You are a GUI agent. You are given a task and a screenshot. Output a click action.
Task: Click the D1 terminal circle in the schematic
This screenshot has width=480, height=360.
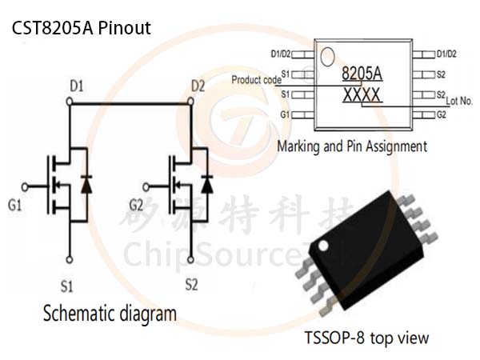70,102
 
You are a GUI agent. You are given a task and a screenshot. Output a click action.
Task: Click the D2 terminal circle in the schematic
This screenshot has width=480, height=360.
190,102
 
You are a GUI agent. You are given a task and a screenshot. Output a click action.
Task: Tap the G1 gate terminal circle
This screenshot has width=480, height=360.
25,186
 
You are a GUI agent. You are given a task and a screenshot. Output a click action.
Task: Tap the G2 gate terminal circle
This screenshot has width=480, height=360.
146,186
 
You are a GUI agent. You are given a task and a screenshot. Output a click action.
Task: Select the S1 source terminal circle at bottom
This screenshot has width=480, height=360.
70,260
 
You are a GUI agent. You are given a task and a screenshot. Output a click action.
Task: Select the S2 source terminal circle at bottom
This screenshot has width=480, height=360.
190,260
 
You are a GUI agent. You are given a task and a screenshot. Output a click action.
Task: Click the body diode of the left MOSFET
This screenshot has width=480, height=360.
86,185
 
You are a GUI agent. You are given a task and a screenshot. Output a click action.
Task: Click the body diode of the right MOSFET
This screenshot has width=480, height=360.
207,185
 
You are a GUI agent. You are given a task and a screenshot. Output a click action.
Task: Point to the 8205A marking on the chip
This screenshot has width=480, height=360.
362,74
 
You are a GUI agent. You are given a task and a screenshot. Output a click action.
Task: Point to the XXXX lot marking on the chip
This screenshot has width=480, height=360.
362,95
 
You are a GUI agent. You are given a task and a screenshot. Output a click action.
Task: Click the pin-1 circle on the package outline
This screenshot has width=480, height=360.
327,57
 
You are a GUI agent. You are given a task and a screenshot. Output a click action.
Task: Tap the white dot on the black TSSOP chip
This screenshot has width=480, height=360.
323,246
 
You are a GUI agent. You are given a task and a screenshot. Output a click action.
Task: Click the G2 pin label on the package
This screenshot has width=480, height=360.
441,114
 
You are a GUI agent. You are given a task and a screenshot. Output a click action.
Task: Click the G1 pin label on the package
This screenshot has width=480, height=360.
285,114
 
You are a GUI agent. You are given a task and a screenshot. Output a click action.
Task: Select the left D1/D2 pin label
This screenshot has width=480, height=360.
281,54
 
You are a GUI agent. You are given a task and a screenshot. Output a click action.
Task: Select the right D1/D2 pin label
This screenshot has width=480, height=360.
446,54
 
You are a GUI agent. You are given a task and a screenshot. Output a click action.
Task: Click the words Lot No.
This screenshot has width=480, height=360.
459,101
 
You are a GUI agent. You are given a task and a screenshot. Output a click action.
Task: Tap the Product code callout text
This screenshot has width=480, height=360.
256,80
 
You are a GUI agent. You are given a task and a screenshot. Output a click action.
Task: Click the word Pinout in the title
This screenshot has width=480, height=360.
125,28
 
